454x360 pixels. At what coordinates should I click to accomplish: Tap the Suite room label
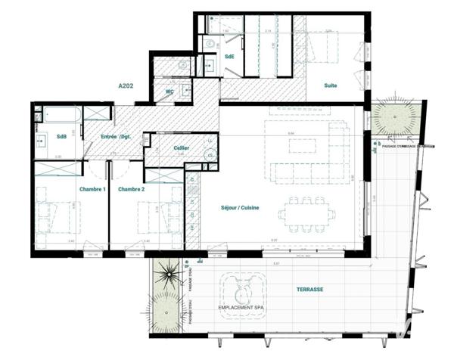(x=331, y=85)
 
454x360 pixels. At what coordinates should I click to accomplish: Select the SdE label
(x=229, y=57)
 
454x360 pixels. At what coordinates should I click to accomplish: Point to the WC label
(x=170, y=92)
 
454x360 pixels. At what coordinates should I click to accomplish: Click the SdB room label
(x=61, y=137)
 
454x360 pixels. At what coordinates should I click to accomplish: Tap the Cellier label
(x=181, y=148)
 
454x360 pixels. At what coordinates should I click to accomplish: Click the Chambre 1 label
(x=92, y=189)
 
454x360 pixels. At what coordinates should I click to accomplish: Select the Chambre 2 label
(x=131, y=189)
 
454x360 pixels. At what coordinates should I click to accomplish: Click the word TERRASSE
(x=310, y=290)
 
